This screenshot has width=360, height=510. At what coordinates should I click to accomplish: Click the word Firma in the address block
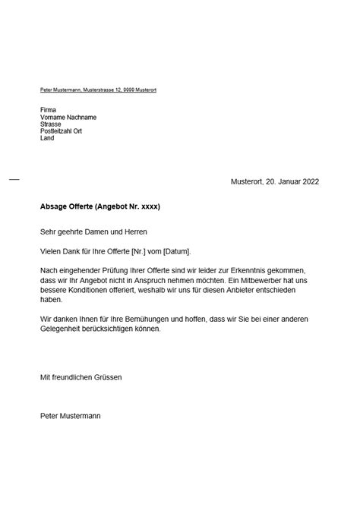(48, 110)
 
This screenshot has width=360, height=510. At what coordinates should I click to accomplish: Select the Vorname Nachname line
(68, 117)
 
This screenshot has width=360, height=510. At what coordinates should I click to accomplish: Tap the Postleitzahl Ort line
(61, 131)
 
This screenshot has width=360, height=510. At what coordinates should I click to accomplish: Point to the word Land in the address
(47, 138)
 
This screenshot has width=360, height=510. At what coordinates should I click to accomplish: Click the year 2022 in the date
(311, 181)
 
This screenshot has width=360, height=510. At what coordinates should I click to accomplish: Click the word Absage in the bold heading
(54, 206)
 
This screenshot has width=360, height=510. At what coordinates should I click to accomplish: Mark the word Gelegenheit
(65, 329)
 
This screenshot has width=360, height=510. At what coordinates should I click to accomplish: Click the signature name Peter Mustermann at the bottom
(70, 416)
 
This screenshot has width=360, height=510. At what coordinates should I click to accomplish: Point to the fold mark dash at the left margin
(14, 179)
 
